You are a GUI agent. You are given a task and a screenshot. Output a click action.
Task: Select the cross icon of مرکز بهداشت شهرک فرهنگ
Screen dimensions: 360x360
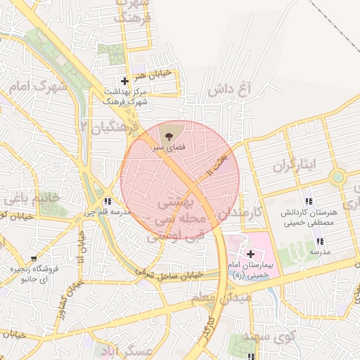pos(124,81)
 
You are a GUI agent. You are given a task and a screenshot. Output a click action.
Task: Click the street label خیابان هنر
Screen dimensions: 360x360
pos(151,76)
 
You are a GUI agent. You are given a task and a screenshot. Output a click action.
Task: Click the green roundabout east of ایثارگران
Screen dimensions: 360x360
pos(338,176)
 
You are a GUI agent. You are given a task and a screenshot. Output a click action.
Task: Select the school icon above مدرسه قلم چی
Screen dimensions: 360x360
pos(107,201)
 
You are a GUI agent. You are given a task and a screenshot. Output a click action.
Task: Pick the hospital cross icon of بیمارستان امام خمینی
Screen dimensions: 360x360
pos(250,253)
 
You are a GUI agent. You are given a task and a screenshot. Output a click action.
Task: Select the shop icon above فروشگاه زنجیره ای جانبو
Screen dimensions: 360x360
pos(35,259)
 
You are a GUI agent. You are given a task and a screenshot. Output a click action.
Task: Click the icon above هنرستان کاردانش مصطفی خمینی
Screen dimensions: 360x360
pos(309,201)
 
